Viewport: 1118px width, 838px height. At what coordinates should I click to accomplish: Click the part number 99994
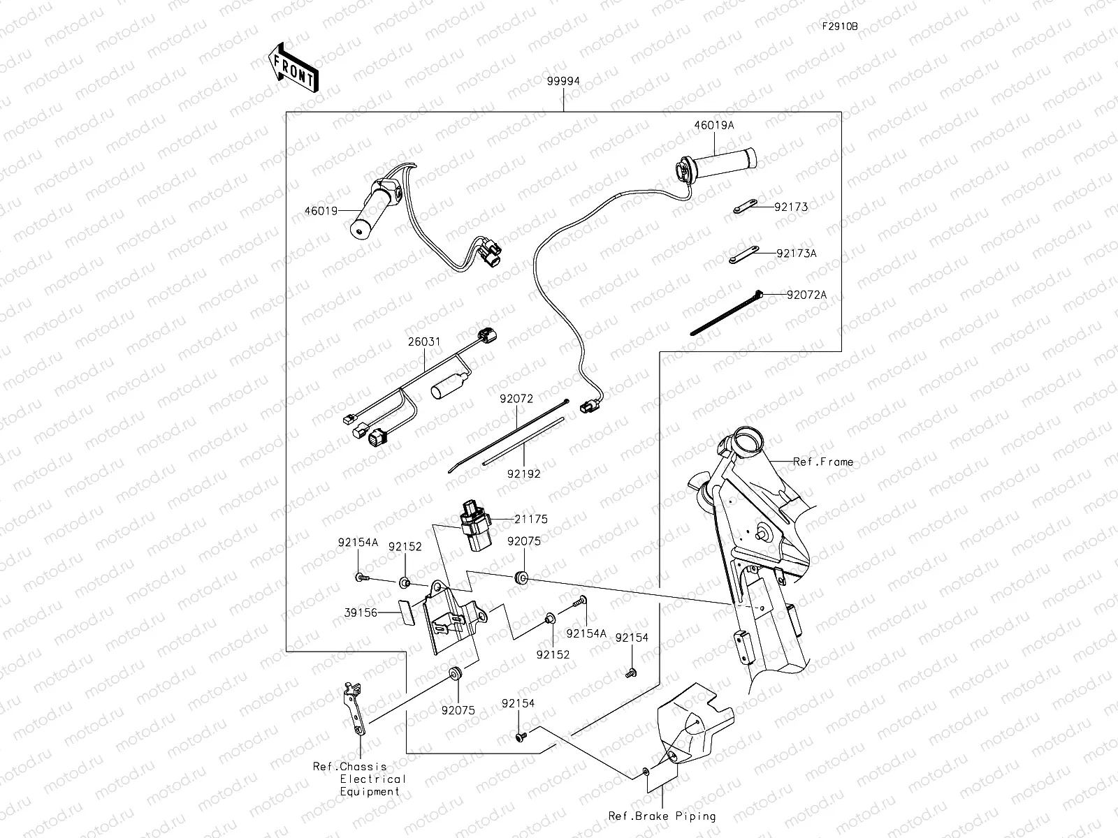563,81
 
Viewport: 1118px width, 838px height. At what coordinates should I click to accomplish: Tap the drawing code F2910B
840,27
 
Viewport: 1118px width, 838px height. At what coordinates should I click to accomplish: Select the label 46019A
713,126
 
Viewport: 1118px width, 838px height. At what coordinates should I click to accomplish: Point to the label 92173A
796,253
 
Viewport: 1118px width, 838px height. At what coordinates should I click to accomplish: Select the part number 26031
423,342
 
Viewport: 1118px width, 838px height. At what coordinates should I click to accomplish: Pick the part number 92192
524,473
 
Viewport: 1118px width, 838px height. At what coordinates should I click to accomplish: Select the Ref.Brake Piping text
662,816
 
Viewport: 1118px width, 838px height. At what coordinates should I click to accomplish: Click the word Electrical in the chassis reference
372,779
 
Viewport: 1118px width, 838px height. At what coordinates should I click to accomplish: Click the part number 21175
531,520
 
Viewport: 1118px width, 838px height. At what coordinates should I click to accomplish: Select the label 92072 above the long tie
516,399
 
